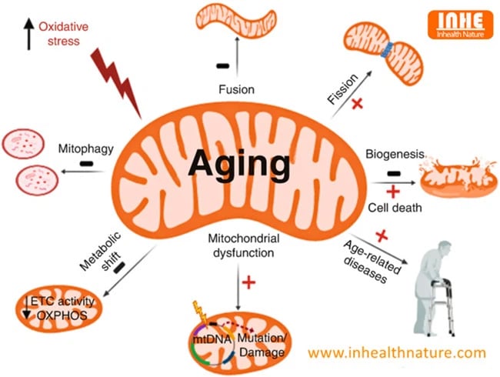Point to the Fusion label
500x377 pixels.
237,89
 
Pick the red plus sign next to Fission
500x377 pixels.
356,104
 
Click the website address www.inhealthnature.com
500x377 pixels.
398,352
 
